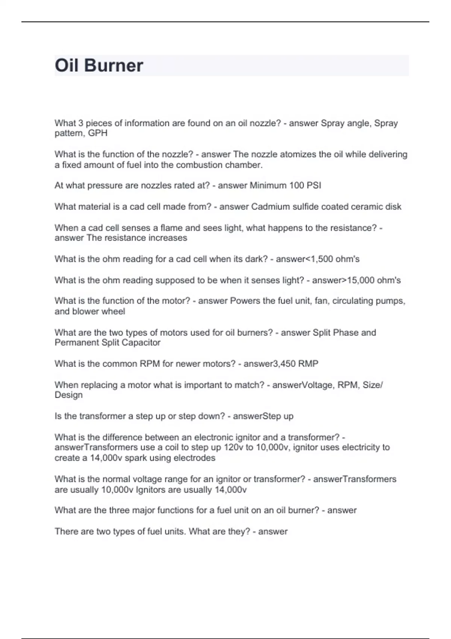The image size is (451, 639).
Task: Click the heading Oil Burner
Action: (x=99, y=65)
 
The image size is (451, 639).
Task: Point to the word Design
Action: (x=69, y=395)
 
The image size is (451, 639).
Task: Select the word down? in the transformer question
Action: (x=211, y=416)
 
